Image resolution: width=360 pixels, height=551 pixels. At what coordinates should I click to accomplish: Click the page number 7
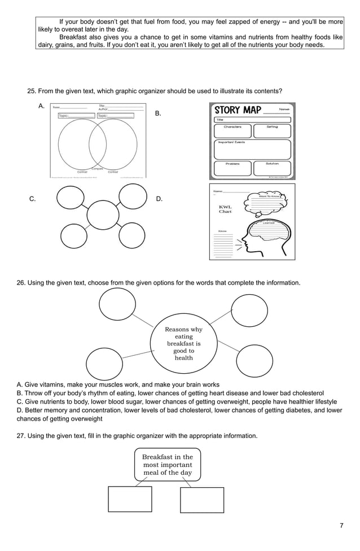pyautogui.click(x=341, y=526)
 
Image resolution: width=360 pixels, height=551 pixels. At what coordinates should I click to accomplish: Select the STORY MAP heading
pyautogui.click(x=236, y=110)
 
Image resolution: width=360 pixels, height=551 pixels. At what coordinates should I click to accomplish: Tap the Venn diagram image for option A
pyautogui.click(x=98, y=141)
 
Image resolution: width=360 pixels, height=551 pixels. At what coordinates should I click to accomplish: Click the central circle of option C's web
pyautogui.click(x=103, y=215)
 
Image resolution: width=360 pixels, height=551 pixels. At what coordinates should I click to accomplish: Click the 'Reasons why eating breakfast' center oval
pyautogui.click(x=183, y=343)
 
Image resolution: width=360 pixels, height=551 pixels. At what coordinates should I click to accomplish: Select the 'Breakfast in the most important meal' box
pyautogui.click(x=167, y=465)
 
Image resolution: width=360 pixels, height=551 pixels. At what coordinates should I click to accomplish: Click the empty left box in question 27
pyautogui.click(x=130, y=499)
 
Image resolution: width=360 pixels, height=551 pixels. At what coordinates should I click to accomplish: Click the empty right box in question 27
pyautogui.click(x=202, y=500)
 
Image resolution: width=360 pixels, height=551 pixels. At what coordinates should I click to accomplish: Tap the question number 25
pyautogui.click(x=32, y=91)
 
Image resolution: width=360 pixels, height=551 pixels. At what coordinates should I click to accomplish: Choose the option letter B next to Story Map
pyautogui.click(x=158, y=113)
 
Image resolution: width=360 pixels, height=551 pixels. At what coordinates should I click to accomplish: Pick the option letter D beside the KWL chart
pyautogui.click(x=159, y=199)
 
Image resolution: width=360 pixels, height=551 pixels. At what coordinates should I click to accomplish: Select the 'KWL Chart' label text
pyautogui.click(x=225, y=209)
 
